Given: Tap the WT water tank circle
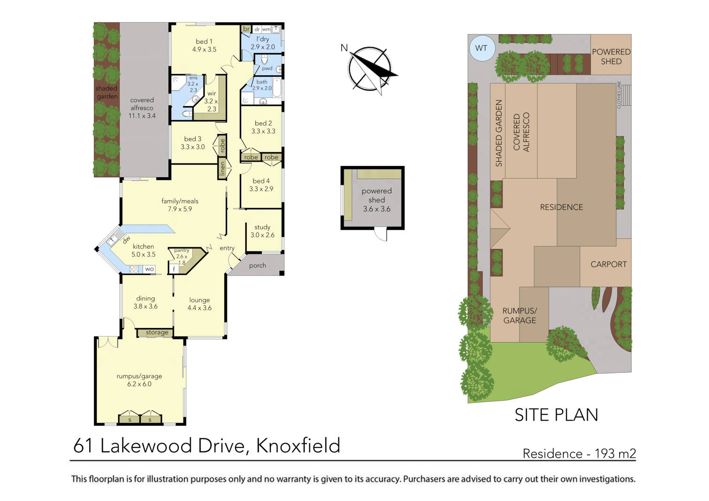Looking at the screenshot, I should pos(481,48).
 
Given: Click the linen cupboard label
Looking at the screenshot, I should pos(222,169).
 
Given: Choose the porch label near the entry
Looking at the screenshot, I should pos(257,266).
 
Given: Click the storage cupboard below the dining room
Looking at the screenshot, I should pos(157,332).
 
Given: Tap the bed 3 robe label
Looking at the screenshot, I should pos(222,145).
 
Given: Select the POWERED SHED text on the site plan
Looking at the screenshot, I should pos(611,56).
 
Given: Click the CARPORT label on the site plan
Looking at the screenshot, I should pos(608,264).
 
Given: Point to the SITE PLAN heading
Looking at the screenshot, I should pos(556,415).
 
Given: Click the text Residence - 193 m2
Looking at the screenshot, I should pos(579,454).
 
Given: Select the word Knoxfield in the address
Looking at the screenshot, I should pos(298,446).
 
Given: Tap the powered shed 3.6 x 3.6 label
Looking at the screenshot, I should pos(376,200).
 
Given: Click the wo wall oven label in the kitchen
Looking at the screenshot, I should pos(149,269).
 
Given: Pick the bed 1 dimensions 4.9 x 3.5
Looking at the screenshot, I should pos(204,49).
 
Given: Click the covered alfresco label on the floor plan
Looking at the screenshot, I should pos(142,108).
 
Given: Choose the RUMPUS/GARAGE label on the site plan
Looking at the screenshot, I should pos(520,315).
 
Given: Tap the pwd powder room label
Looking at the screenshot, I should pos(267,69).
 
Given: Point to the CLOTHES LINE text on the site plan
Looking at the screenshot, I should pos(619,95).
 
